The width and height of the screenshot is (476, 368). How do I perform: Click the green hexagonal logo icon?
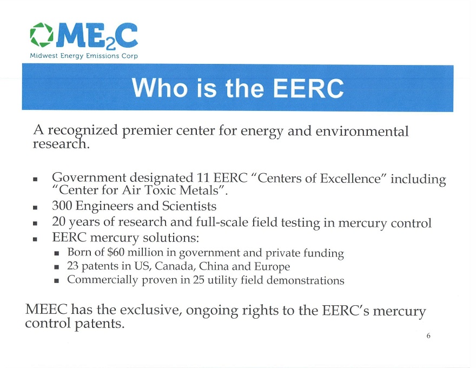click(x=42, y=35)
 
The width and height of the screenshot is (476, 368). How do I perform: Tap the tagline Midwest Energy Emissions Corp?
click(x=84, y=56)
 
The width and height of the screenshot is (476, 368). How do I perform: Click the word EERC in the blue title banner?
click(x=308, y=88)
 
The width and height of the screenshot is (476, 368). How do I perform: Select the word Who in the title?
click(x=160, y=88)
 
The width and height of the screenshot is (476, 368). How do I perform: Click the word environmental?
click(x=362, y=131)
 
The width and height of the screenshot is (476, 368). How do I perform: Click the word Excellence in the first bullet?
click(x=351, y=178)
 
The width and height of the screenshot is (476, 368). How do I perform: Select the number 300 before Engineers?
click(x=62, y=206)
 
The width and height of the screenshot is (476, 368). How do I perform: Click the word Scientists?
click(x=189, y=206)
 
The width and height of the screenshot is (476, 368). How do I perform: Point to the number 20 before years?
click(x=58, y=222)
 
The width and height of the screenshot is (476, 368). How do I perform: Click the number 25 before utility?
click(x=198, y=280)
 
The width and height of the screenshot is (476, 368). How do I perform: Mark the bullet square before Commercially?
click(x=56, y=281)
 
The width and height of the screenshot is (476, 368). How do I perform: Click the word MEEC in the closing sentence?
click(x=46, y=310)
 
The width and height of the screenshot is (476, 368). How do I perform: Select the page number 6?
click(x=428, y=336)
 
